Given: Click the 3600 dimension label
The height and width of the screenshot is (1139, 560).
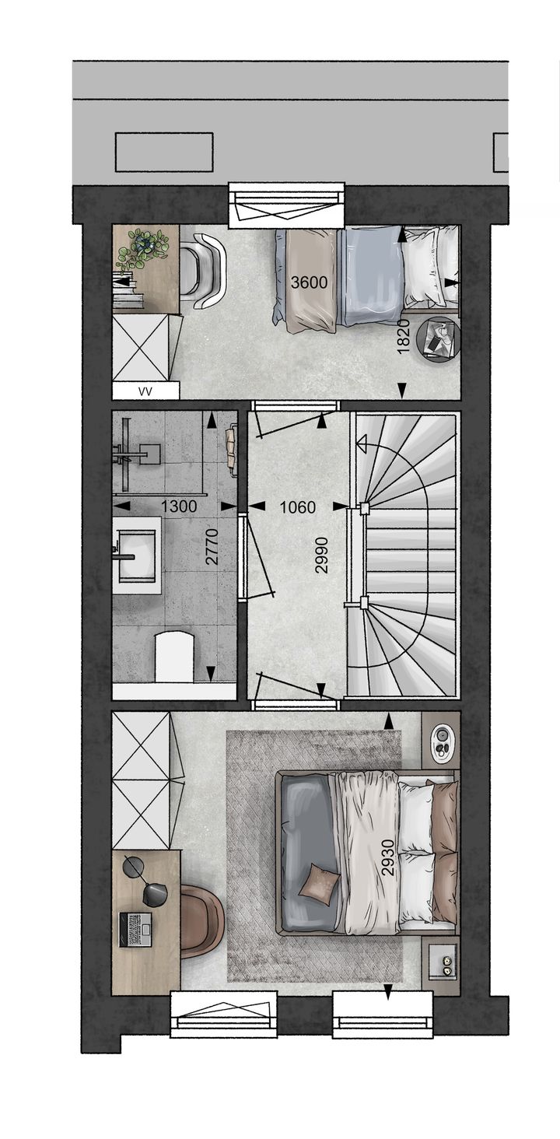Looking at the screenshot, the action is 309,282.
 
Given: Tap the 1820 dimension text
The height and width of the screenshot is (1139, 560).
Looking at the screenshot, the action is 403,337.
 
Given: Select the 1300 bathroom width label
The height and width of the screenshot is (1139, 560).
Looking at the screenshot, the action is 179,506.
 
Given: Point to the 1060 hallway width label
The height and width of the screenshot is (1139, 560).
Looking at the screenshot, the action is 298,506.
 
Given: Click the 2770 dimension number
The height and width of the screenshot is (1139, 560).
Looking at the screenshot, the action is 212,547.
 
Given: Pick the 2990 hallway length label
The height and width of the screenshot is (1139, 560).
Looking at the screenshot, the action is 322,555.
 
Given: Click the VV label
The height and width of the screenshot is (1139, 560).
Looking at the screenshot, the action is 145,391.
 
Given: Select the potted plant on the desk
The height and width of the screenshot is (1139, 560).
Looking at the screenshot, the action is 143,249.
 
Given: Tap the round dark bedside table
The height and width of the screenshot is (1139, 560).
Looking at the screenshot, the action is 438,338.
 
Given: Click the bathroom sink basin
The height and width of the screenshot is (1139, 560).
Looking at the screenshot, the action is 136,555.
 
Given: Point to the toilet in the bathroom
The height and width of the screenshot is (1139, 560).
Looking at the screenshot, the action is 175,656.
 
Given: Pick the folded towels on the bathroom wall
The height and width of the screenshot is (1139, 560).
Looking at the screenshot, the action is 232,449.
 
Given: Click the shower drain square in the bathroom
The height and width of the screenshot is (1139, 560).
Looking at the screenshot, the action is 149,454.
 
